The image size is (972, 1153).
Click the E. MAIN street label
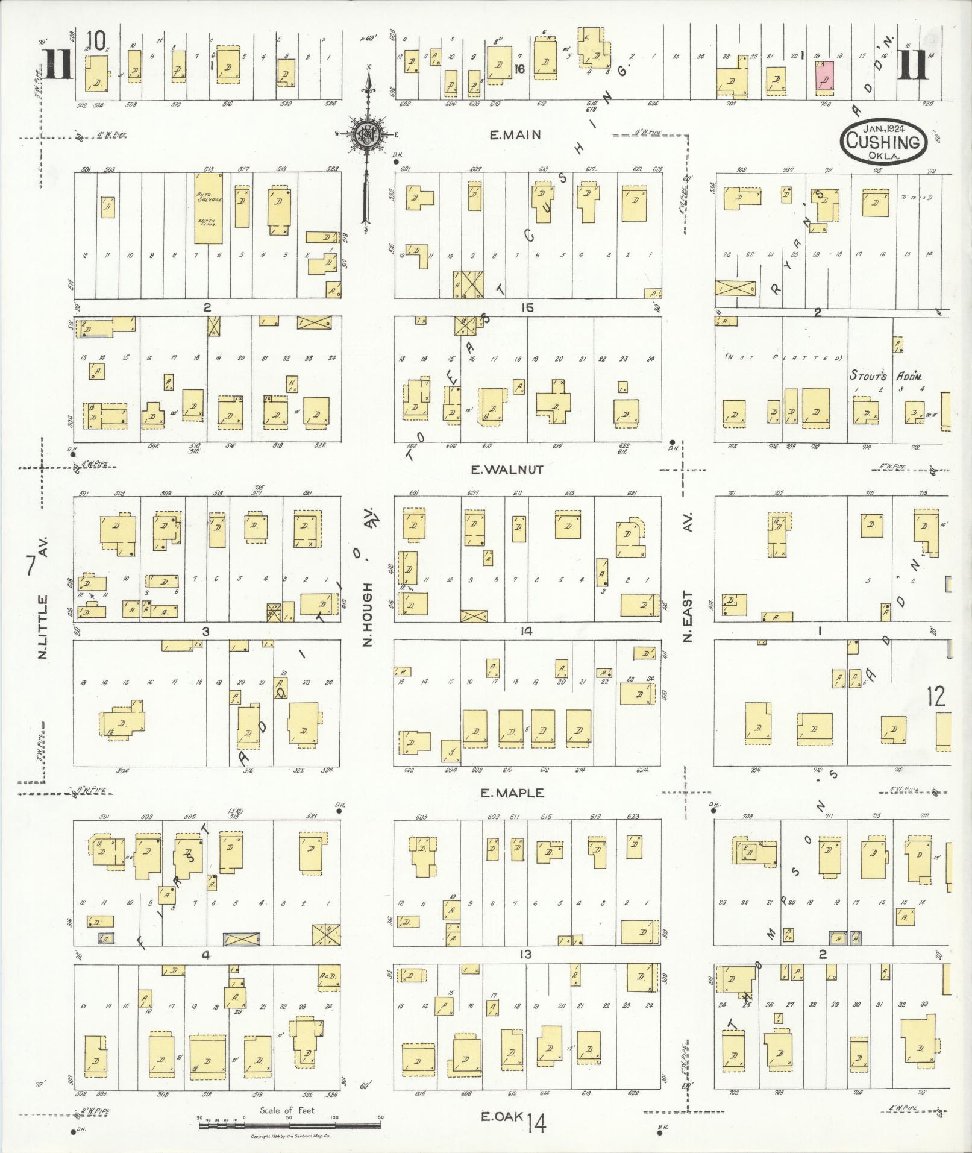(x=515, y=136)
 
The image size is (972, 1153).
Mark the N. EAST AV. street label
(x=689, y=577)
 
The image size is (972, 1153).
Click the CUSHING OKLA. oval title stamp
(x=883, y=140)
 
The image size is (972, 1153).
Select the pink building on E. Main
(x=824, y=77)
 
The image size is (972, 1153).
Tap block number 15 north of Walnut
(x=528, y=308)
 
